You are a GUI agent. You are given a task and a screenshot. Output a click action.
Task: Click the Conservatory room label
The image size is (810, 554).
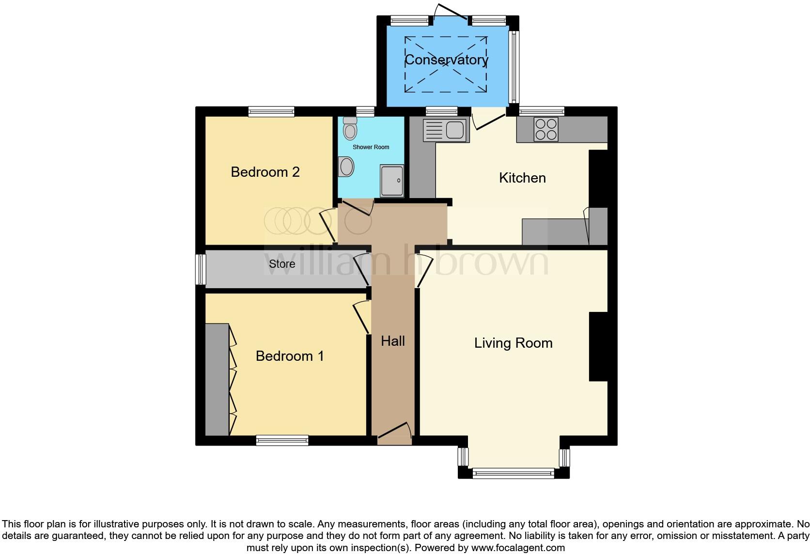[446, 60]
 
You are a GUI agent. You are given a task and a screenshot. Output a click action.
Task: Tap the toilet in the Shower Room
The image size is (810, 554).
[349, 128]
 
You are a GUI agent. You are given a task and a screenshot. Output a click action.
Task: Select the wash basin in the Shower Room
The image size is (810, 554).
[346, 167]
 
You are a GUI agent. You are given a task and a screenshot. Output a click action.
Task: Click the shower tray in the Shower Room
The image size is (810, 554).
[392, 181]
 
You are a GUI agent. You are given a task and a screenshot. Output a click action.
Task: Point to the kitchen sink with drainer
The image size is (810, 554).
[446, 130]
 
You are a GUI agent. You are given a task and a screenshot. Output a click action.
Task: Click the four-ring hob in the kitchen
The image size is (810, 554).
[546, 129]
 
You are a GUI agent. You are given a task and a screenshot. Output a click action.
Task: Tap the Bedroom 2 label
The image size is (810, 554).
[265, 172]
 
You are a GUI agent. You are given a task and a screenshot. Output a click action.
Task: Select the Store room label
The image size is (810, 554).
[282, 264]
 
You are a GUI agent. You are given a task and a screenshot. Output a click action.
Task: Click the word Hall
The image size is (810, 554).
[393, 341]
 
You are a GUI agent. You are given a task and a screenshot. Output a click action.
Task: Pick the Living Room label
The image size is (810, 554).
[513, 343]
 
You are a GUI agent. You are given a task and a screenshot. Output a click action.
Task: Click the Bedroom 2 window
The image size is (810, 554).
[271, 111]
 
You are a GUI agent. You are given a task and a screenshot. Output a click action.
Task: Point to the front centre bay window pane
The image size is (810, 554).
[513, 473]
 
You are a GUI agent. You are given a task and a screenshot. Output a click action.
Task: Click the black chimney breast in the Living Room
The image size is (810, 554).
[598, 347]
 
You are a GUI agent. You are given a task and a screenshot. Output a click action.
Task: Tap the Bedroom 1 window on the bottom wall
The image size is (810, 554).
[282, 440]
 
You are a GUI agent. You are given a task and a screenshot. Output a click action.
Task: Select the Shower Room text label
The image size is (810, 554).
[371, 147]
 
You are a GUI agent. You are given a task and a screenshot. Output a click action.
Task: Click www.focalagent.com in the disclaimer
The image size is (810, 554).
[517, 548]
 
